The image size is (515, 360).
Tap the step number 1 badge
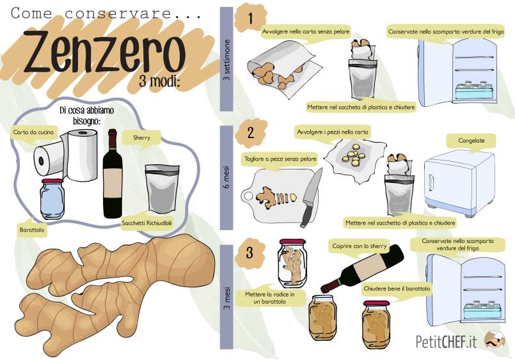pos(250,18)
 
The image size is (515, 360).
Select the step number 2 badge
pos(251,133)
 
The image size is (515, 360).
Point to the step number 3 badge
pos(250,253)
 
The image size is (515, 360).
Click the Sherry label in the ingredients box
pos(141,137)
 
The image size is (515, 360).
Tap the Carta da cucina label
pos(33,132)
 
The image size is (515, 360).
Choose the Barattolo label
pos(31,230)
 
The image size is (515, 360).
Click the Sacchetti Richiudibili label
pos(147,223)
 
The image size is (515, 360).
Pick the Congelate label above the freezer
pos(471,141)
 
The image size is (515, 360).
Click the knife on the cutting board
pos(310,197)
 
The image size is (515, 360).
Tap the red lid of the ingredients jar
pos(52,181)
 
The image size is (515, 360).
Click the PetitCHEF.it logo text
pos(446,341)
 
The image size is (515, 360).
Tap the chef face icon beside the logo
pos(495,340)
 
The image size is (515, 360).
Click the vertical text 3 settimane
pos(226,60)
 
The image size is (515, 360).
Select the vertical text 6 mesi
pos(226,177)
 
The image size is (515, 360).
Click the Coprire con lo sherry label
pos(360,246)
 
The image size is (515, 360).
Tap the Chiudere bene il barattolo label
pos(397,289)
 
